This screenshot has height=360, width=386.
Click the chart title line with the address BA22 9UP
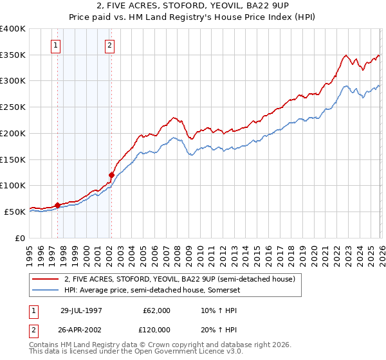[x=193, y=6]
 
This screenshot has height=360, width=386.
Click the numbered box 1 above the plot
[x=57, y=45]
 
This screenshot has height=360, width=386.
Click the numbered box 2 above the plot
[x=111, y=45]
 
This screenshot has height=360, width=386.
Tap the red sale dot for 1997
[x=57, y=205]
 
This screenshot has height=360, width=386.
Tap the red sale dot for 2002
[x=111, y=175]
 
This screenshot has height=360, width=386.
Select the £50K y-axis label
[x=15, y=212]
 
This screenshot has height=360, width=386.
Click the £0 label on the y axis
[x=20, y=238]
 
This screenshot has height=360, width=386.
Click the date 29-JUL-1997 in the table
[x=81, y=310]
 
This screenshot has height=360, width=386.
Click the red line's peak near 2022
[x=346, y=55]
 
